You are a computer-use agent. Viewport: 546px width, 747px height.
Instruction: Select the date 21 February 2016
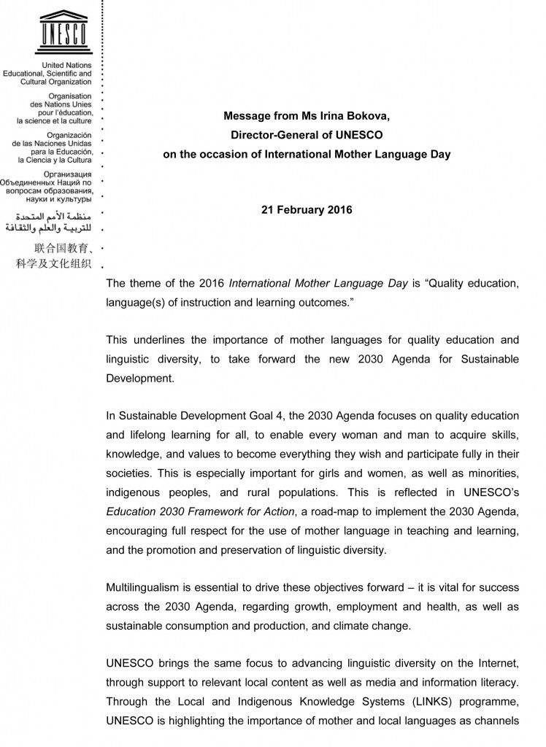(307, 210)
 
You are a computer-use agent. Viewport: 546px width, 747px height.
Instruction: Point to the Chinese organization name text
(55, 255)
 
